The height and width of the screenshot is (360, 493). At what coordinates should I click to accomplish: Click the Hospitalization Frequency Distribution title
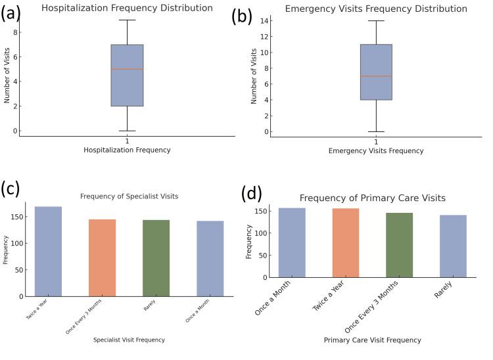[127, 8]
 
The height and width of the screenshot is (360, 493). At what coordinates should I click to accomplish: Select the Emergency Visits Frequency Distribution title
[376, 9]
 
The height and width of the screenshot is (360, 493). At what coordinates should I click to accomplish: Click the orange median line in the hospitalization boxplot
[127, 69]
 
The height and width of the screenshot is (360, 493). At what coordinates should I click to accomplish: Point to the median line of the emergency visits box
[376, 76]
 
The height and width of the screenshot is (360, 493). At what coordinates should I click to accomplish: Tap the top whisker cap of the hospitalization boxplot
[127, 20]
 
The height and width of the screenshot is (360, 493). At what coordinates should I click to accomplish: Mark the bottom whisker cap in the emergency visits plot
[376, 131]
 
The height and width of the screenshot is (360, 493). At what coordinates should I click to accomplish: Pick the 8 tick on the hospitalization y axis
[14, 32]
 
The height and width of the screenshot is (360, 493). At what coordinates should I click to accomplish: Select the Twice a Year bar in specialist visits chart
[48, 252]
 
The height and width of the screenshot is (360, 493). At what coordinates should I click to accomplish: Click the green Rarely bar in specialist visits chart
[156, 258]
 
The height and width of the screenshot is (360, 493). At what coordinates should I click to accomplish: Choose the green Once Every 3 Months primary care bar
[399, 244]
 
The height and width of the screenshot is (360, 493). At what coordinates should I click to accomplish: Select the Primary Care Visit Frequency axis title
[372, 340]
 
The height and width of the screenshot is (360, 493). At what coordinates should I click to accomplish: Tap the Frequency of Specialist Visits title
[129, 196]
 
